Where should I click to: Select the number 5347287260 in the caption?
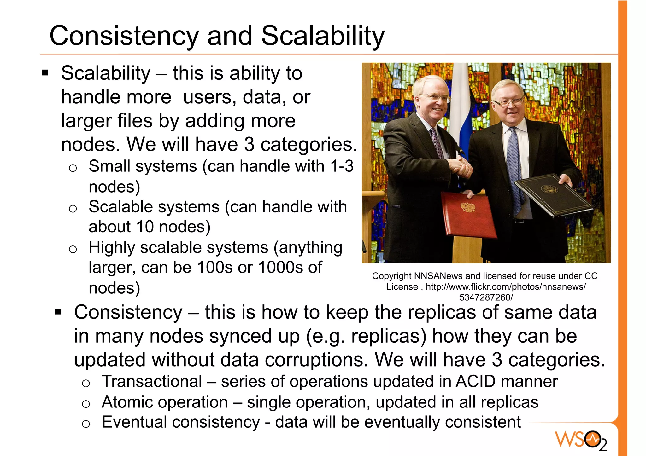pos(485,297)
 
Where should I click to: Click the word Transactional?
pos(152,382)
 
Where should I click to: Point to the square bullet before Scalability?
pos(45,73)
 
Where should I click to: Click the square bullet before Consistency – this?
pos(58,312)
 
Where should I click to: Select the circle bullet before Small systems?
pos(73,168)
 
